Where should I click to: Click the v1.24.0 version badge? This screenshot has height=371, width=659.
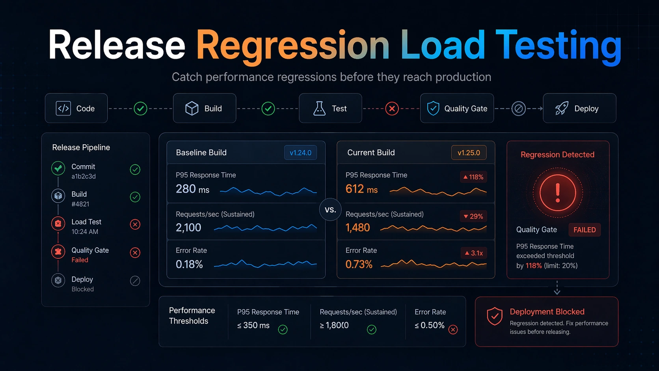(300, 153)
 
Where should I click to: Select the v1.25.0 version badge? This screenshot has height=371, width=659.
(469, 153)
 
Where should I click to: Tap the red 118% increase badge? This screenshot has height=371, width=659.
(473, 177)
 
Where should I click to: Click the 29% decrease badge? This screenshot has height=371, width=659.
(473, 216)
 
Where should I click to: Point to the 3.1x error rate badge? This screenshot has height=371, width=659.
(474, 253)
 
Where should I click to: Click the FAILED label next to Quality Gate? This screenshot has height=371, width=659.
(584, 230)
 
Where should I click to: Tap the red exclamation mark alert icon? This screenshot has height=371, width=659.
(557, 193)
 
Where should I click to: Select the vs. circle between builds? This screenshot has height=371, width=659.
(330, 210)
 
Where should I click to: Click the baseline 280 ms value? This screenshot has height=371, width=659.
(192, 189)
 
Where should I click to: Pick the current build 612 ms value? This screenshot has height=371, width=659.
(361, 189)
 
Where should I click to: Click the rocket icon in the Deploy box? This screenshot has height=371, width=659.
(562, 108)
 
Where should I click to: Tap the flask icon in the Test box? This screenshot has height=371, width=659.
(319, 108)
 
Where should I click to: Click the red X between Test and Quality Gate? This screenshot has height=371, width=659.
(392, 108)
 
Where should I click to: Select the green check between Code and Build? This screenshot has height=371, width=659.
(140, 108)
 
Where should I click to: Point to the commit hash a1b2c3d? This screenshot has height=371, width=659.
(84, 176)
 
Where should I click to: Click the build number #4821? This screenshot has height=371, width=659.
(80, 204)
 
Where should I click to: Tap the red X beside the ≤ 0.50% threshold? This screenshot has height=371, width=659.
(453, 330)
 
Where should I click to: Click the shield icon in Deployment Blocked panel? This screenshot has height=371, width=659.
(495, 316)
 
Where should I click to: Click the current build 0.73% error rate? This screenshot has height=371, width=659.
(359, 264)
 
